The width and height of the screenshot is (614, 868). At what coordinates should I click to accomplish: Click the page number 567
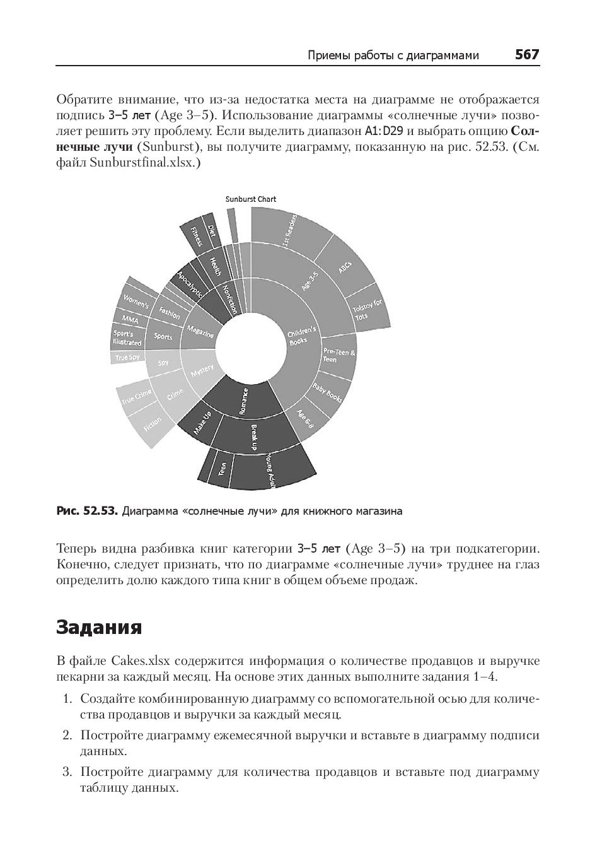coord(526,55)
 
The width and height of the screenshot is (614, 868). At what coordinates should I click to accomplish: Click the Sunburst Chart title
coord(251,199)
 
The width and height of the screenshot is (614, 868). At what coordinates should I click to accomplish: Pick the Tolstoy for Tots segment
coord(368,309)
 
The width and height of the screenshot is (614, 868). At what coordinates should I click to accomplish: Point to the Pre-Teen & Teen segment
coord(338,355)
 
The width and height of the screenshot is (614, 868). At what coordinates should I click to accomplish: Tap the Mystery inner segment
coord(202,372)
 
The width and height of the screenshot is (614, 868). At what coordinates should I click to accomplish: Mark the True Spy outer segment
coord(128,358)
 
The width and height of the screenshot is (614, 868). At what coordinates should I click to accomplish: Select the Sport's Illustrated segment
coord(128,337)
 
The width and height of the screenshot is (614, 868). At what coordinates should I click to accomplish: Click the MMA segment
coord(130,319)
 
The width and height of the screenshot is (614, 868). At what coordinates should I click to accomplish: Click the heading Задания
coord(99,627)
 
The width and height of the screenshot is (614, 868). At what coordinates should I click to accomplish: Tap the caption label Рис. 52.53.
coord(86,511)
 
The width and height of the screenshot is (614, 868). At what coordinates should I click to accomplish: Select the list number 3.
coord(67,772)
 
